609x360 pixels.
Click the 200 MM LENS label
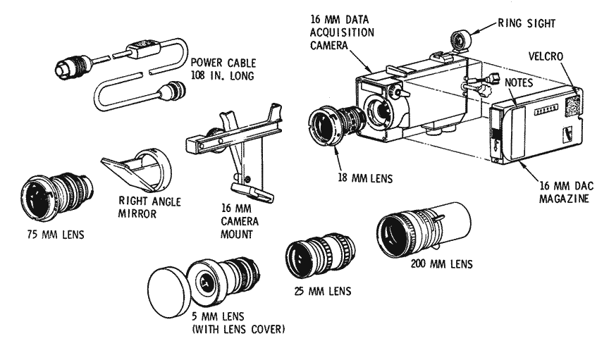(x=441, y=265)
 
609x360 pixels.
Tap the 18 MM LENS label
(x=364, y=179)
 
